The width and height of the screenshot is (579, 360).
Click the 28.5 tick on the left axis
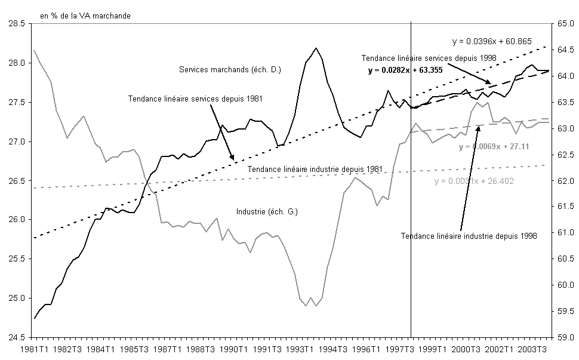[16, 24]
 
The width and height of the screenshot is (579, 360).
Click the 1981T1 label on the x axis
[35, 349]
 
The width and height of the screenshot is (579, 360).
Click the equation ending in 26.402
[475, 181]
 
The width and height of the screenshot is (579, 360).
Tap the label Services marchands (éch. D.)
[230, 70]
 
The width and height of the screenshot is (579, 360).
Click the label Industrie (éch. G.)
[267, 211]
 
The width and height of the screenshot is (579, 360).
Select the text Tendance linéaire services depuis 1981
[196, 99]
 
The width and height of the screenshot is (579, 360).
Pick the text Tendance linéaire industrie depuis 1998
[469, 236]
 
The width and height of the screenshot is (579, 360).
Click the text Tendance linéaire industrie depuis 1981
[315, 168]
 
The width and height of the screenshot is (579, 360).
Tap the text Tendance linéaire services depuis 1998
[429, 58]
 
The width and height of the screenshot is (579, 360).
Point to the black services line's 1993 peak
[316, 48]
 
